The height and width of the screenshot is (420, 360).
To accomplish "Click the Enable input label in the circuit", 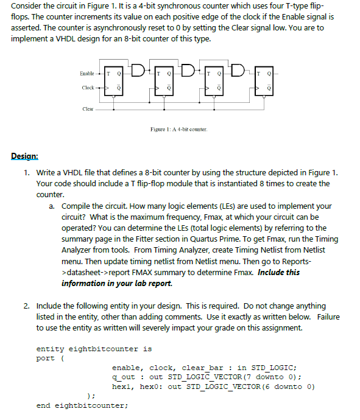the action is coord(86,74).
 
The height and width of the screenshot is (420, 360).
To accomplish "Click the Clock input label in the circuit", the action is coord(88,88).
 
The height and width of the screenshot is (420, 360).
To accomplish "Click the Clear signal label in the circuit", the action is coord(88,109).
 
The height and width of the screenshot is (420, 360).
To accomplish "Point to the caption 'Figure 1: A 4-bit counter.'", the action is coord(178,130).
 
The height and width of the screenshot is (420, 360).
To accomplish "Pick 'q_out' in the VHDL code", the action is coord(124,377).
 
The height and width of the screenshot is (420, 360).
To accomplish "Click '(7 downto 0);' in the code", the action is coord(272,377).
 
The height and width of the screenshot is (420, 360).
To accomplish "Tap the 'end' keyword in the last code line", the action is coord(43,405).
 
